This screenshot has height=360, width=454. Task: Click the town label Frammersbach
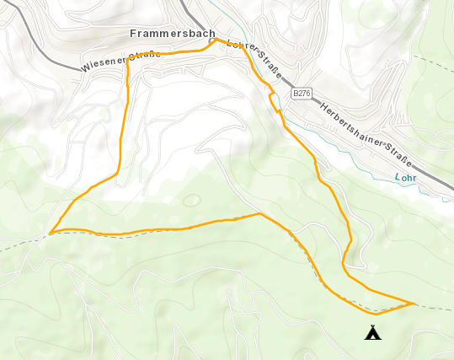coord(174,34)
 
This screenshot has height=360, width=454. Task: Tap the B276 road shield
coord(301,92)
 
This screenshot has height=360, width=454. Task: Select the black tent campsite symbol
coord(372,332)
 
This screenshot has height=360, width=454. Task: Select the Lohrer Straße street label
coord(255,59)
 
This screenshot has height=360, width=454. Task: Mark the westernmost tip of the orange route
coord(51,232)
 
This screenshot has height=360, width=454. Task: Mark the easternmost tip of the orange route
coord(414,303)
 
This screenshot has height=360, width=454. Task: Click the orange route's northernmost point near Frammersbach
coord(216,39)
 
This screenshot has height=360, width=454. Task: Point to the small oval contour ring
coord(191,201)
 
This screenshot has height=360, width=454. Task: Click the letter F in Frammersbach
coord(135,34)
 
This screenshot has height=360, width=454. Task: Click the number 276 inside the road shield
coord(303,92)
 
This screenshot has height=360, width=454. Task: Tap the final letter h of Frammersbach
coord(211,34)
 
